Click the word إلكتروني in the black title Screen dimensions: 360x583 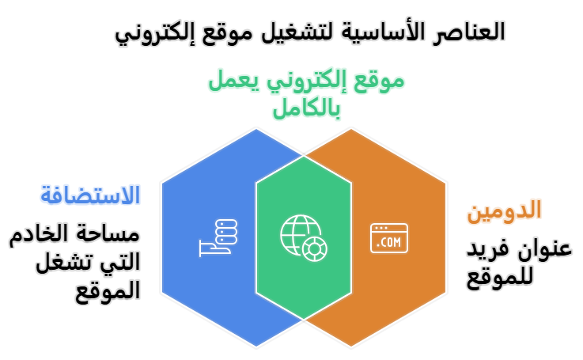[157, 34]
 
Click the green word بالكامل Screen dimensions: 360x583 [305, 108]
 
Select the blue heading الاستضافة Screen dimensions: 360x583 [90, 195]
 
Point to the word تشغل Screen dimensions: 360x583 [66, 262]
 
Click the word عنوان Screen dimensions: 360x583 [541, 249]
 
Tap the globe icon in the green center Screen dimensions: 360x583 [303, 237]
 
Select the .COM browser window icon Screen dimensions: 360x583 [390, 237]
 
